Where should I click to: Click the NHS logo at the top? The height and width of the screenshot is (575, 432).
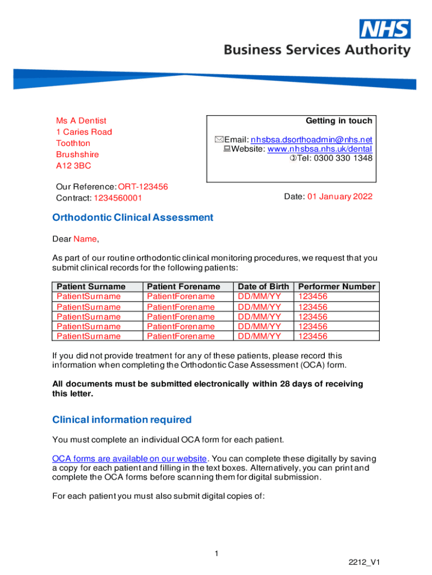coord(385,29)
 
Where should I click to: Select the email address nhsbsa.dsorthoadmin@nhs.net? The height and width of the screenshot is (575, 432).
coord(311,139)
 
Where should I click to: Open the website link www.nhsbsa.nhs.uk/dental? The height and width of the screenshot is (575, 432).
coord(319,149)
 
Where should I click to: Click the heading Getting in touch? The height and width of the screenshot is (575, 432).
coord(338,121)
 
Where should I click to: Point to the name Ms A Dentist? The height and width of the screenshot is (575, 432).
coord(81,121)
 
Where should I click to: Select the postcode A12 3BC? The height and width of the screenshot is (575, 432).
coord(73,166)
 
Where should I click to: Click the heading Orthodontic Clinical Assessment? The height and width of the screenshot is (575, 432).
coord(132,217)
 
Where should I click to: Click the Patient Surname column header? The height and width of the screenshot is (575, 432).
coord(91,286)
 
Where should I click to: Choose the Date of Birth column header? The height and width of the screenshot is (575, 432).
coord(263,286)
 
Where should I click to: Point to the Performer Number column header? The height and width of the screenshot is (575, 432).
coord(337,286)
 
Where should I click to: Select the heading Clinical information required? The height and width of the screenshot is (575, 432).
coord(122,419)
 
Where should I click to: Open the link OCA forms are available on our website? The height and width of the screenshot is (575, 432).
coord(130,459)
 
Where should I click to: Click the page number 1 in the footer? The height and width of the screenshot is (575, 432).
coord(216,554)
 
